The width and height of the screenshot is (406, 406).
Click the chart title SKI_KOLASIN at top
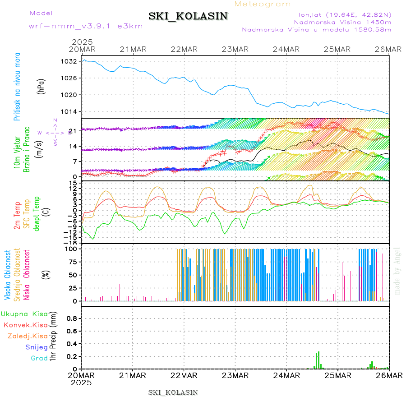pos(188,16)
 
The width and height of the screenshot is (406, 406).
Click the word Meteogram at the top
pos(263,4)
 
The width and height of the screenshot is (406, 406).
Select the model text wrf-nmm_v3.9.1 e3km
pos(86,26)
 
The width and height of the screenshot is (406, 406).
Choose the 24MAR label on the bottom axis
pos(286,375)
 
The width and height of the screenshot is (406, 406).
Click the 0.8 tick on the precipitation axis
pos(71,318)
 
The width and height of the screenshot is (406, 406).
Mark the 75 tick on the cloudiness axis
pos(72,262)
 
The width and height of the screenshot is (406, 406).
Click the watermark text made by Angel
pos(397,271)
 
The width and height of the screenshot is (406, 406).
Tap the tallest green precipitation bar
pos(318,360)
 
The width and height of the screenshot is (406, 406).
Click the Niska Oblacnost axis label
pos(27,275)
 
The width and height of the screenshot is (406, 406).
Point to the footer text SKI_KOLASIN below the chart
pos(173,392)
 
